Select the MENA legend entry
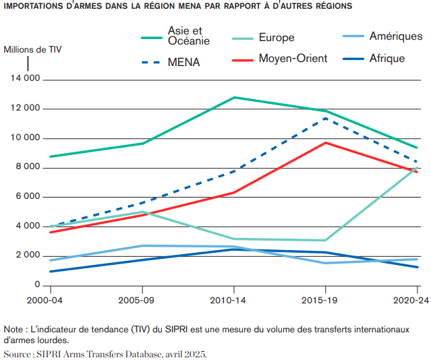pos(184,63)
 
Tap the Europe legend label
pos(277,38)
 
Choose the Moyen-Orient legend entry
pos(293,59)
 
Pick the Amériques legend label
pos(395,36)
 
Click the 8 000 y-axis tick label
pos(26,168)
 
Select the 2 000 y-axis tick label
pos(26,256)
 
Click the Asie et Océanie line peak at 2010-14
pos(234,97)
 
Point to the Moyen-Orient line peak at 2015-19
pos(326,143)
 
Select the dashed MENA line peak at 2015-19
pos(326,118)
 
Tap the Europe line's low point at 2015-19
pos(326,240)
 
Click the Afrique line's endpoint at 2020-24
pos(418,267)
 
